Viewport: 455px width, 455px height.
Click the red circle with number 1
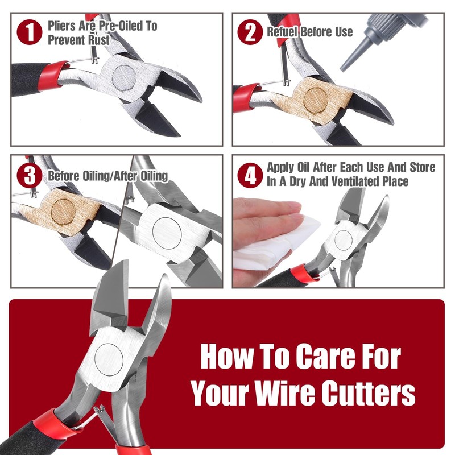tap(31, 32)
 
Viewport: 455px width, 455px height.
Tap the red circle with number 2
tap(250, 32)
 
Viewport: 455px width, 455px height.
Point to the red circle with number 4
tap(250, 175)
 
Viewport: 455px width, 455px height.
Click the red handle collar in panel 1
tap(58, 74)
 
